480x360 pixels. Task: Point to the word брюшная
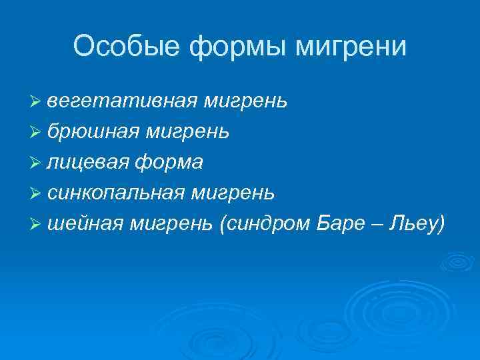98,131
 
